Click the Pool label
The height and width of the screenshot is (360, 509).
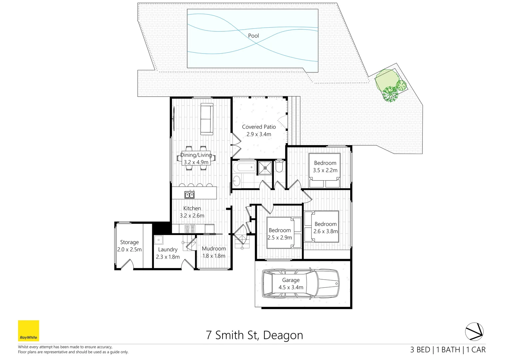point(253,36)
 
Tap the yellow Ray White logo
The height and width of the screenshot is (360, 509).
point(28,331)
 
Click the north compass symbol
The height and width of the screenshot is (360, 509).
point(474,332)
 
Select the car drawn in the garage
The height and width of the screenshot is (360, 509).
point(300,284)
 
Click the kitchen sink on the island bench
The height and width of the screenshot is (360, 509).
point(190,194)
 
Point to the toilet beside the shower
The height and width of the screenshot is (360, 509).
point(279,166)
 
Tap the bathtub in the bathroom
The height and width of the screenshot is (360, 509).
point(244,167)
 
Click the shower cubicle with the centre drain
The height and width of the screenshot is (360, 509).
point(265,168)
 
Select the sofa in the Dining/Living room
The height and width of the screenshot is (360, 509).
point(207,119)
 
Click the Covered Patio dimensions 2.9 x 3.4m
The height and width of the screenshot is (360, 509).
point(259,134)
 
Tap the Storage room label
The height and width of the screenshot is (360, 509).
point(129,242)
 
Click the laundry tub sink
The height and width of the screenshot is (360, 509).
point(159,240)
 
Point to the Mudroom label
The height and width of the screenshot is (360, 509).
point(214,249)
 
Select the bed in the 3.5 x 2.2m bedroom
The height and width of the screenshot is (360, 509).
point(324,170)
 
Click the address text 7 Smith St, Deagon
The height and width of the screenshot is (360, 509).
point(254,335)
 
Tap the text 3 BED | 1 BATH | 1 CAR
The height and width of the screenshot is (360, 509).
point(448,350)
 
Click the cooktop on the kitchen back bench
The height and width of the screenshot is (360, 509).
point(190,229)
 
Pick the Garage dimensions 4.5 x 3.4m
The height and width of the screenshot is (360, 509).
point(291,287)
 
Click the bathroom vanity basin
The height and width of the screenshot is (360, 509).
point(236,181)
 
